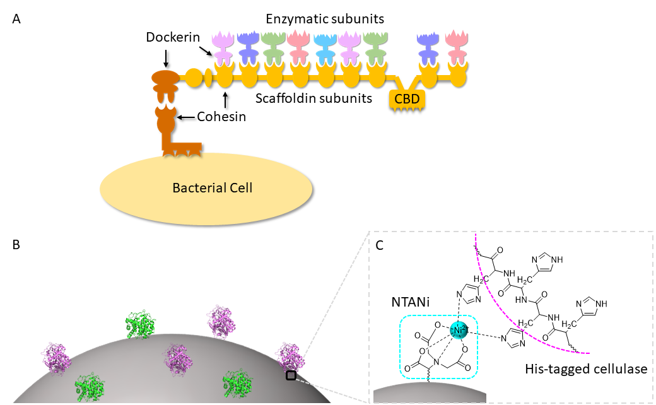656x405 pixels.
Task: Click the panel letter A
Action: point(16,20)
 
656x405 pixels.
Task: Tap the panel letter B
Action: point(16,245)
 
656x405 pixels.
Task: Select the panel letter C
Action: point(380,245)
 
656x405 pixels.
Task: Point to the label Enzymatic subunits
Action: point(325,19)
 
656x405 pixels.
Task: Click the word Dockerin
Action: point(173,37)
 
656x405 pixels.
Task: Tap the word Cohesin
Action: point(221,116)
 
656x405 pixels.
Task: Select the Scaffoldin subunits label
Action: point(313,98)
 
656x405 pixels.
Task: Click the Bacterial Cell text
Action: point(213,187)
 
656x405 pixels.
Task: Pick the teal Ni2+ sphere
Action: point(459,331)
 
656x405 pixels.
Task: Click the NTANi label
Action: point(411,302)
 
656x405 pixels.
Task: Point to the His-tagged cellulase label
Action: point(586,369)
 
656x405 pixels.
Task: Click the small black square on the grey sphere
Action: point(291,376)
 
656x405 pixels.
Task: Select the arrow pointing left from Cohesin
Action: point(187,117)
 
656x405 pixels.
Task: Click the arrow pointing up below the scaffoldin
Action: point(225,100)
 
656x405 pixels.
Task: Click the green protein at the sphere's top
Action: point(141,325)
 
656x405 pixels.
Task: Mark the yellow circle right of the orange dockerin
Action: point(193,78)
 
